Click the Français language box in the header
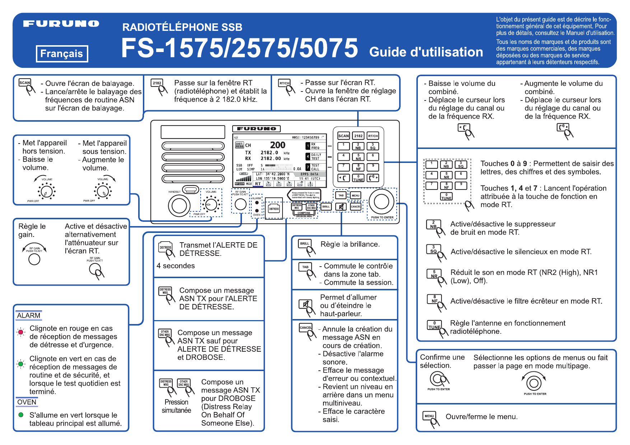point(62,54)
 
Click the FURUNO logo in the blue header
point(61,24)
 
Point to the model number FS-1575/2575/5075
point(239,48)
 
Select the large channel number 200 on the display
point(277,145)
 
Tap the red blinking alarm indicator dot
point(21,332)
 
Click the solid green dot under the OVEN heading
point(21,415)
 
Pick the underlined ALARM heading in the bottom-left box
point(29,315)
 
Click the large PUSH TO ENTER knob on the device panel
point(382,202)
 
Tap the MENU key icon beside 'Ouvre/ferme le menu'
point(429,416)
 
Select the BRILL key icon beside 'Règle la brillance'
point(305,244)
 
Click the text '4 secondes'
point(176,266)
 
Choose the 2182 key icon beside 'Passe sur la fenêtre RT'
point(157,83)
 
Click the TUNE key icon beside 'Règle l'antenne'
point(434,325)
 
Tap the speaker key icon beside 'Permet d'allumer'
point(305,304)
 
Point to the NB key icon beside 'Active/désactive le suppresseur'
point(433,225)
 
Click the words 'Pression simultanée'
point(176,406)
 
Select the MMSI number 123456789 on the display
point(305,137)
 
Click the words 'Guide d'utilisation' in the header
point(426,52)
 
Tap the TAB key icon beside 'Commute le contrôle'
point(305,267)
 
